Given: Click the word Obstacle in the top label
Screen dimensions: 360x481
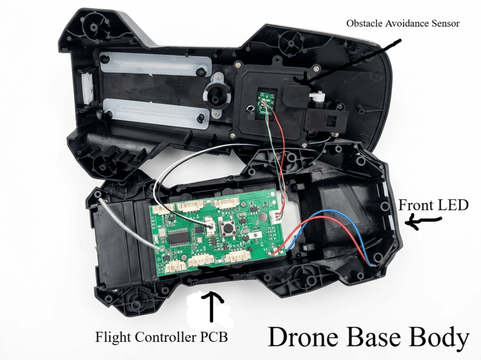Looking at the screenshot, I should tap(364, 23).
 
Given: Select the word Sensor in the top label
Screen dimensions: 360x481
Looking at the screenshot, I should tap(443, 23).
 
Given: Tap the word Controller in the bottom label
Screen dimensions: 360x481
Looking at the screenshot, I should tap(165, 337).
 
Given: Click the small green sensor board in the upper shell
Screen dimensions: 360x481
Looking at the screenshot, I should tap(265, 100).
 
